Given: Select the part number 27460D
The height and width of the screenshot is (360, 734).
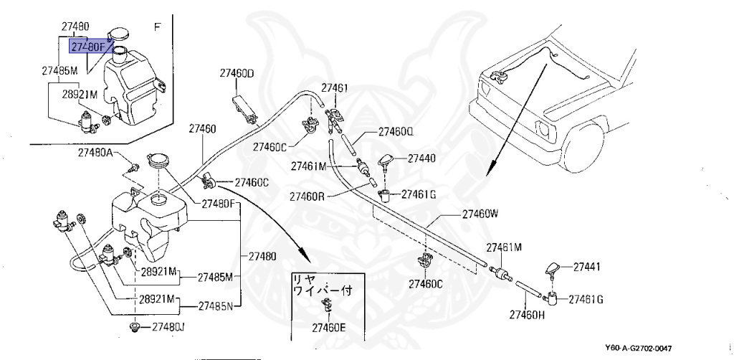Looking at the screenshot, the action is pos(237,72).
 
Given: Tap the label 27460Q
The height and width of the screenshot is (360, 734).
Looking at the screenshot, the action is pos(396,132).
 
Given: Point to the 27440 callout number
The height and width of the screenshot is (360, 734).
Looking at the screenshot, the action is pos(421,158).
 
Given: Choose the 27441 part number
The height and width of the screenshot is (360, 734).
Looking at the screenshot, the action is pos(587,267).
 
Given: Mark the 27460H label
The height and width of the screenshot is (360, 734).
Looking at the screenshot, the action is pos(527,315).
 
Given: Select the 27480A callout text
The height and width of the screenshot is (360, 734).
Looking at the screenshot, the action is pos(95,152).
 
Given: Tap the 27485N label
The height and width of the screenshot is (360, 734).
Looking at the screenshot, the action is pos(215,306).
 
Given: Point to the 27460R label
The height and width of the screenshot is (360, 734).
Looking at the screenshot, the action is pos(307,196).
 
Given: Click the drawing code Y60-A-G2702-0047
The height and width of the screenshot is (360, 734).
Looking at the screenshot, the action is pos(639,349).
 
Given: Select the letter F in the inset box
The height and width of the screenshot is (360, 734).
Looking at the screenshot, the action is pos(157,27).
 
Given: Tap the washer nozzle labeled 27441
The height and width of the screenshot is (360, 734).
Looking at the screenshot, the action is pos(554,269).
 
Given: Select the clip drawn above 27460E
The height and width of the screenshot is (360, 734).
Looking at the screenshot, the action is pos(326,304).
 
